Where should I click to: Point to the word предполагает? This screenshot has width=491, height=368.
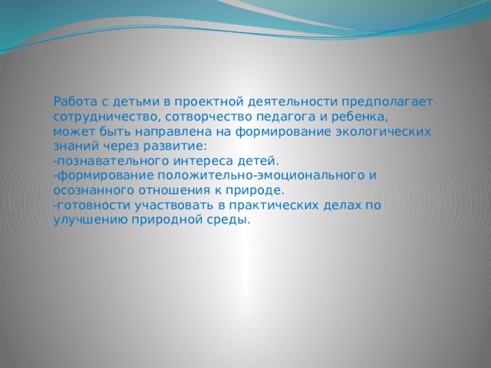click(x=388, y=101)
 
